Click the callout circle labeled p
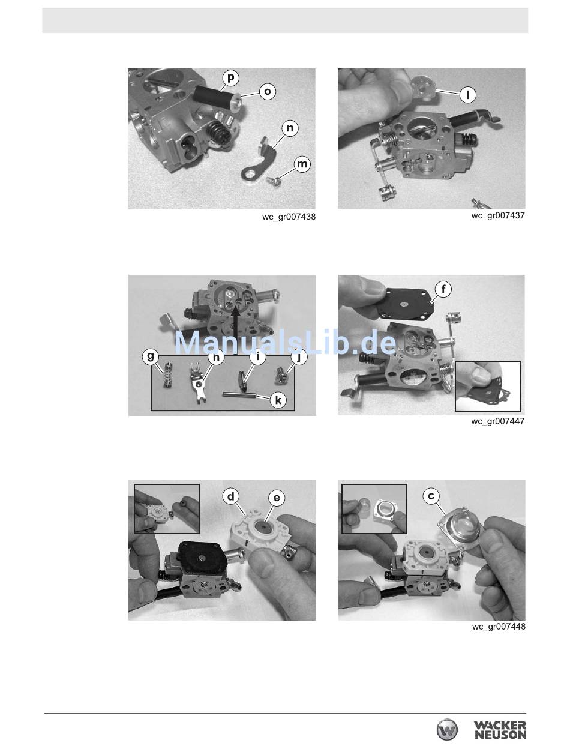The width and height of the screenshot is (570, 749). pos(230,78)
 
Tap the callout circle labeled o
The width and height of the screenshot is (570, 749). pos(267,91)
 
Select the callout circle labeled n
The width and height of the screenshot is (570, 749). pos(290,128)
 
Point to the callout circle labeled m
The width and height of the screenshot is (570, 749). pos(302,164)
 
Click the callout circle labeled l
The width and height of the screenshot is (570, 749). pos(467,94)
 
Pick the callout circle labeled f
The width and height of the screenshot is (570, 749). pos(443,290)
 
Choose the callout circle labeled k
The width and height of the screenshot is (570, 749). pos(278,400)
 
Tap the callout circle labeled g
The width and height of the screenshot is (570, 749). pos(150,357)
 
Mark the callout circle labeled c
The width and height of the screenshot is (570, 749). pos(431,496)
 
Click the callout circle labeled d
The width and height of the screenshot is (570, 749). pos(231,496)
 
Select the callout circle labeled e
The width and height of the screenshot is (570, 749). pos(277,498)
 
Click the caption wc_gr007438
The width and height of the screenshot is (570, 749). pos(289,217)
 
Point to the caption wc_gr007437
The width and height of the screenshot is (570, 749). pos(498,215)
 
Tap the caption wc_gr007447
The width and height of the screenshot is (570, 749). pos(497,421)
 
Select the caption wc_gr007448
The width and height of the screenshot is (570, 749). pos(499,627)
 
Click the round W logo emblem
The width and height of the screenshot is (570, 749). pos(447,730)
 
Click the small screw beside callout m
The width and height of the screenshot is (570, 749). pos(274,180)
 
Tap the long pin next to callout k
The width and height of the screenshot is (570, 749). pos(239,395)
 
